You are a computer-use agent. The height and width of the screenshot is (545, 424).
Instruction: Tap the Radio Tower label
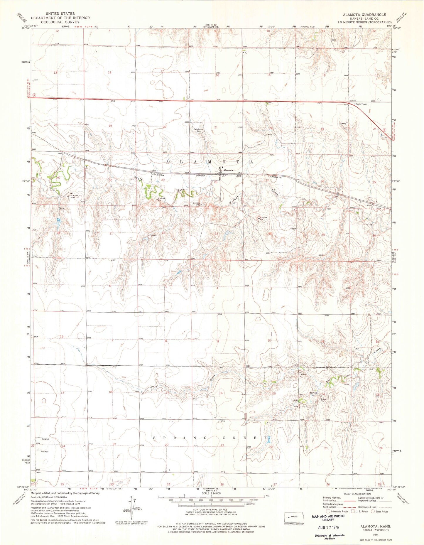point(361,104)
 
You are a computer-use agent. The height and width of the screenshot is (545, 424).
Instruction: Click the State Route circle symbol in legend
point(373,512)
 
